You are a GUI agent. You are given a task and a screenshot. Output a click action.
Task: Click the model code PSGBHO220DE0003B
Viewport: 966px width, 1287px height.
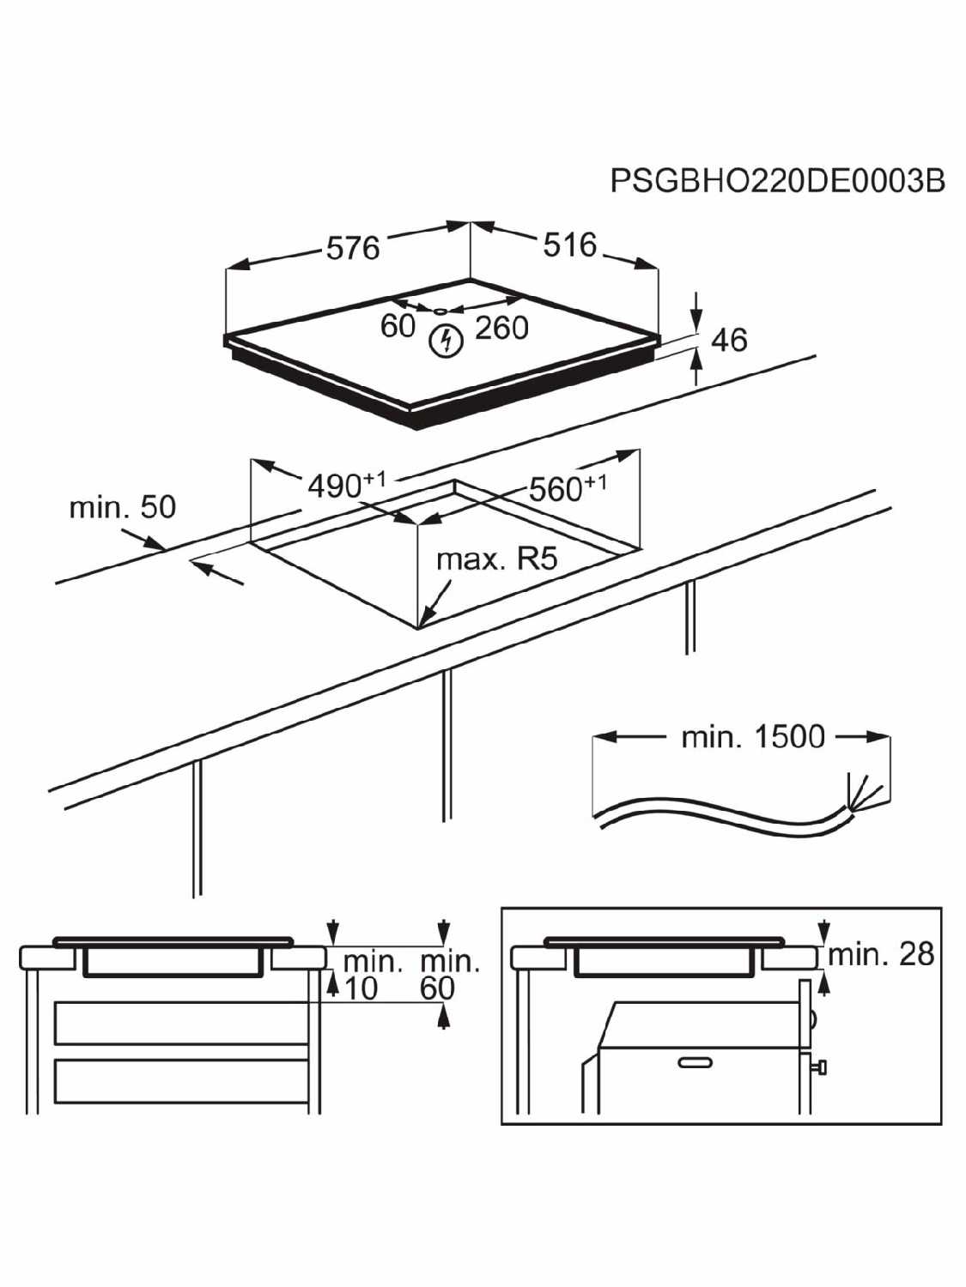coord(778,180)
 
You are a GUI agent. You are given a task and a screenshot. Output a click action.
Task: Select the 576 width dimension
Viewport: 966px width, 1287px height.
coord(353,247)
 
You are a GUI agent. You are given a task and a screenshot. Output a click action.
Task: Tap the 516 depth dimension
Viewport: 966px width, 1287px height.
coord(569,245)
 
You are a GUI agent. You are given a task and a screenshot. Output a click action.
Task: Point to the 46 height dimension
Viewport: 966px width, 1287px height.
coord(730,340)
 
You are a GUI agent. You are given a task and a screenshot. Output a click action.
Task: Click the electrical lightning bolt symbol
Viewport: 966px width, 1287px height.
coord(447,341)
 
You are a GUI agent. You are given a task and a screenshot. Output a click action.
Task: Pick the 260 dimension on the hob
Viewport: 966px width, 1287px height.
coord(502,328)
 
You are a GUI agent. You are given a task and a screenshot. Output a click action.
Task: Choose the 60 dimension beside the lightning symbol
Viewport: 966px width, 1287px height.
coord(398,326)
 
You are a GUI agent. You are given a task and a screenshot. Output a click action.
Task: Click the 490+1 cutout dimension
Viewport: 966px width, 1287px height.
coord(347,484)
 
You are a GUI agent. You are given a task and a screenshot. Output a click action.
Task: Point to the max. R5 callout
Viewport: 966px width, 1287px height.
coord(497,560)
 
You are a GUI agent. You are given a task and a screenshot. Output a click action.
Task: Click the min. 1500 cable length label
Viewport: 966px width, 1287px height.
coord(753,737)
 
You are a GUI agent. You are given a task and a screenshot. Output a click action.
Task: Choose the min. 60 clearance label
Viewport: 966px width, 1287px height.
coord(450,974)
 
